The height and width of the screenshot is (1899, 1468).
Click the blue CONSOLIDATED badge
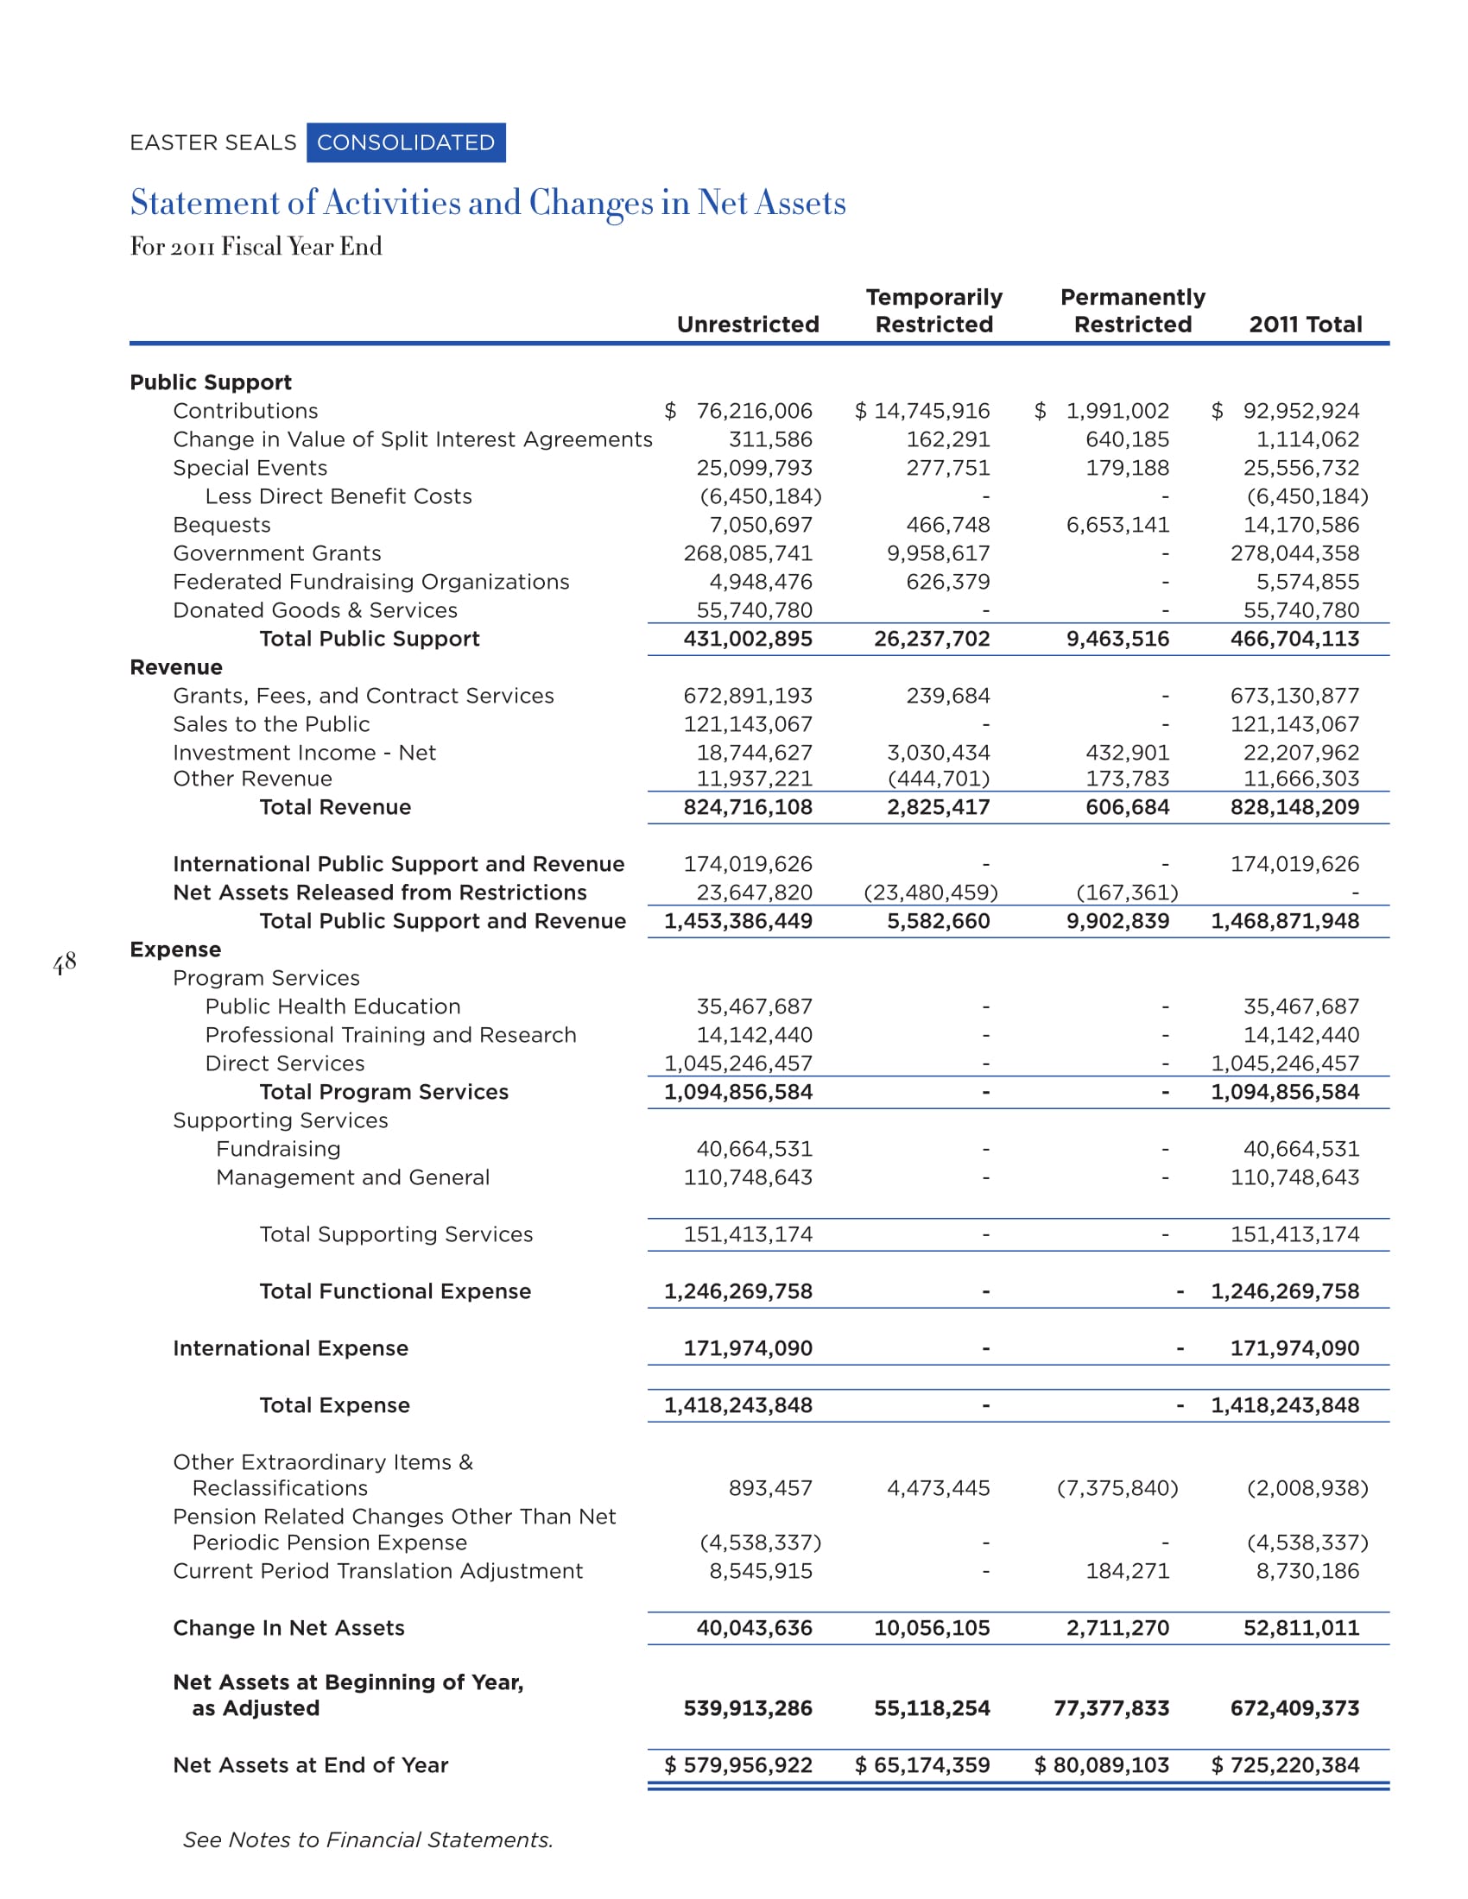click(x=405, y=142)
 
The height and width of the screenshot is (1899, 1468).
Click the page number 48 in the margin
click(x=65, y=962)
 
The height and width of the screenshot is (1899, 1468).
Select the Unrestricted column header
click(x=748, y=325)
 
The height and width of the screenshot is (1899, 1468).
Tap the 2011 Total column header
click(x=1305, y=325)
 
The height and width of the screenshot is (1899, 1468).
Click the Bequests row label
click(x=222, y=525)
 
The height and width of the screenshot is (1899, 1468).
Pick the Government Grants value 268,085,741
click(x=748, y=554)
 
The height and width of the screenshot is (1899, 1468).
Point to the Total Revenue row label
click(x=335, y=808)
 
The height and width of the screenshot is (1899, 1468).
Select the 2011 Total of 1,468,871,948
click(x=1285, y=922)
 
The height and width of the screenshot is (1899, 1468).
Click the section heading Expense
click(x=175, y=949)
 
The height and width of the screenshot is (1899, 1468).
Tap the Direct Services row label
click(x=284, y=1063)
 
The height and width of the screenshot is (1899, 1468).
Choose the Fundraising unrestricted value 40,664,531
click(x=754, y=1150)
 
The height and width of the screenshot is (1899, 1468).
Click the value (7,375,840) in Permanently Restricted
click(x=1117, y=1489)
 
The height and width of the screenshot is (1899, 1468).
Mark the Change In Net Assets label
click(x=288, y=1629)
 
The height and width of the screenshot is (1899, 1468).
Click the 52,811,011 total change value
click(x=1300, y=1629)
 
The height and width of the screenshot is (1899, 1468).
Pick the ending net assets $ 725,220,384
click(x=1285, y=1765)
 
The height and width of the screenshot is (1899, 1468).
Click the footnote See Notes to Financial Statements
click(x=368, y=1840)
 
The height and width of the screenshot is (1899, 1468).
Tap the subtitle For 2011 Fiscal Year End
click(x=256, y=247)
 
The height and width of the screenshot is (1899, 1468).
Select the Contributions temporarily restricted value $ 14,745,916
click(x=922, y=411)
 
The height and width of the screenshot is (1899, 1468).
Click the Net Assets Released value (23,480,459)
click(x=931, y=893)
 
